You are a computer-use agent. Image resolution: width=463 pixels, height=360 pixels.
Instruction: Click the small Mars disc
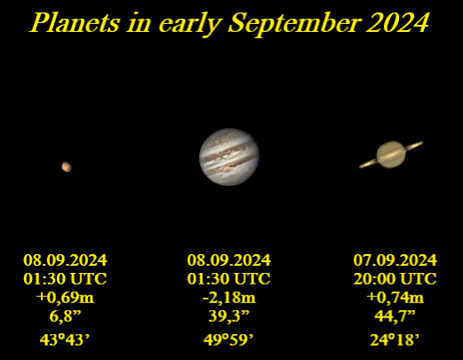point(66,166)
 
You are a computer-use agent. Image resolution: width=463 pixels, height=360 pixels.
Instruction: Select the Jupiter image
point(229,156)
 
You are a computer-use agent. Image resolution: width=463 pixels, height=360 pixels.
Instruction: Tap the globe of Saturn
point(391,156)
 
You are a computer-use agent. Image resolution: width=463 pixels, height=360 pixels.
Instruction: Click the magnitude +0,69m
point(65,297)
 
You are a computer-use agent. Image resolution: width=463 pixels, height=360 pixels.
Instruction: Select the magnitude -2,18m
point(228,297)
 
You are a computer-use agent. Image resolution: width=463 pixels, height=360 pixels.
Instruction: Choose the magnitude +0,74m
point(395,297)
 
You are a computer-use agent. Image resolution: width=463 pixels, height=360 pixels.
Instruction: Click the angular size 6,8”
point(65,316)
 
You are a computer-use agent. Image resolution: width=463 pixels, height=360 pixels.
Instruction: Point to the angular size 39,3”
point(228,316)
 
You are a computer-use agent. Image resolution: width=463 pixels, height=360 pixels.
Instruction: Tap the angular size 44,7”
point(395,316)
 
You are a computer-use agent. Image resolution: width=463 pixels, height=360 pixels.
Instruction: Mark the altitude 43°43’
point(65,339)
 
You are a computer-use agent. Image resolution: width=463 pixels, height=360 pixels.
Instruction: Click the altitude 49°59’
point(228,339)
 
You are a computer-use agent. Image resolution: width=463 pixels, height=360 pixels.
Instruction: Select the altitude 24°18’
point(395,339)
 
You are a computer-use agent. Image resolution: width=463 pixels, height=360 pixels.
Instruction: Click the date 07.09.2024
point(395,260)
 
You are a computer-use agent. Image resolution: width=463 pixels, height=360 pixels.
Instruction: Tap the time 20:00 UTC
point(395,278)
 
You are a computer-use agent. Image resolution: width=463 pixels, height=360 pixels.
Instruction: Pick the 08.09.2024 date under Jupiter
point(228,260)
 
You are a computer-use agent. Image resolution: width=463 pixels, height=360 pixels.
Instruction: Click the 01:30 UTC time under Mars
point(65,278)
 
